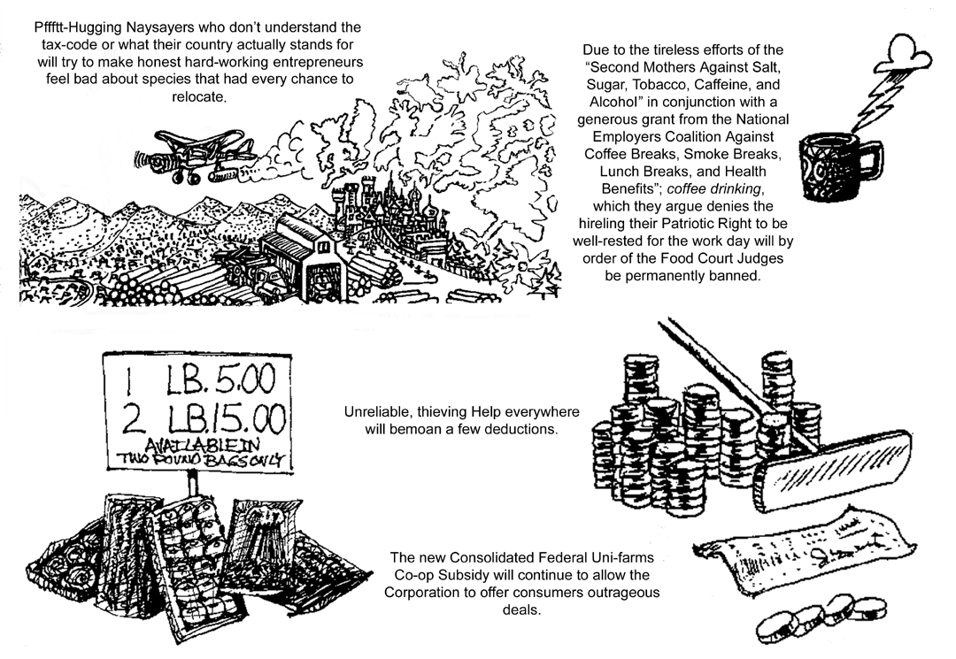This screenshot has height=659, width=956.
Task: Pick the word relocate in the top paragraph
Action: pyautogui.click(x=198, y=96)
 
